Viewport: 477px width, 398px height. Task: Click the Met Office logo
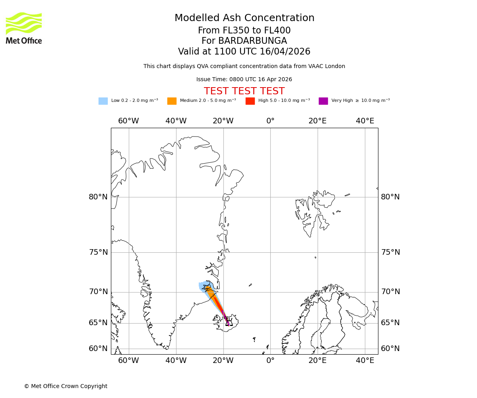pyautogui.click(x=24, y=28)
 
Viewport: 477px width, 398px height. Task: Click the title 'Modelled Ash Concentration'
pyautogui.click(x=244, y=18)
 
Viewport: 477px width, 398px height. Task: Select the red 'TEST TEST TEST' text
pyautogui.click(x=244, y=92)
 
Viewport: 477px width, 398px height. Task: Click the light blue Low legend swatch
pyautogui.click(x=103, y=101)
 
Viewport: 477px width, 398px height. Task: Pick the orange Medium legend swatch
pyautogui.click(x=172, y=101)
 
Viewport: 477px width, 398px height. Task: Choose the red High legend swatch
pyautogui.click(x=250, y=101)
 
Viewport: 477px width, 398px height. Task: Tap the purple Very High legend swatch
pyautogui.click(x=323, y=101)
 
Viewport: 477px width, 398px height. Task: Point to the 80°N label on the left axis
pyautogui.click(x=98, y=197)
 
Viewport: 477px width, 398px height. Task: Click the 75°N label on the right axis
pyautogui.click(x=390, y=252)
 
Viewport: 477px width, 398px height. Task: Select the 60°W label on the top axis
pyautogui.click(x=128, y=121)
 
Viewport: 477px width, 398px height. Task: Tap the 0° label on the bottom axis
pyautogui.click(x=270, y=361)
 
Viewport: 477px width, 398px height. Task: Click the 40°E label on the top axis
pyautogui.click(x=365, y=121)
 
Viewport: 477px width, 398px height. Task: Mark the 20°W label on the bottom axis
pyautogui.click(x=223, y=361)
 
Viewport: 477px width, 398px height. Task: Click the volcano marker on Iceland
pyautogui.click(x=229, y=323)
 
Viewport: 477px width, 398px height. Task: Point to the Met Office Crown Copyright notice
pyautogui.click(x=66, y=386)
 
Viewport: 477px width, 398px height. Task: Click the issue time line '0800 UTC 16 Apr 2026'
pyautogui.click(x=244, y=80)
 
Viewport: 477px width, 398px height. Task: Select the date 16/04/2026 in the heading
pyautogui.click(x=285, y=52)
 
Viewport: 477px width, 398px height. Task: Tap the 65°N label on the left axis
pyautogui.click(x=98, y=323)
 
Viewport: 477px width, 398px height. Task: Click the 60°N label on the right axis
pyautogui.click(x=390, y=349)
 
